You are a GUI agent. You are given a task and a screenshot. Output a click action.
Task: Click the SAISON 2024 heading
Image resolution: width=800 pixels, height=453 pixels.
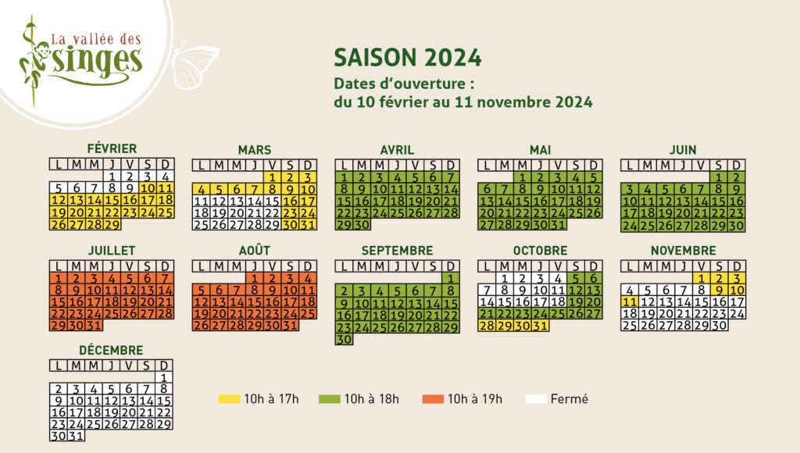pos(407,58)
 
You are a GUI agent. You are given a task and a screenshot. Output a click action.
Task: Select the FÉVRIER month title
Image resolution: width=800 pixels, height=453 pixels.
pos(112,148)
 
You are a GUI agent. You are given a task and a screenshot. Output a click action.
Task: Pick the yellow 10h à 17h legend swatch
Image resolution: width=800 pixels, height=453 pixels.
pos(229,399)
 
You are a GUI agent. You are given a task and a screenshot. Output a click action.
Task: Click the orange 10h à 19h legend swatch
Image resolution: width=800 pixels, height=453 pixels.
pos(433,399)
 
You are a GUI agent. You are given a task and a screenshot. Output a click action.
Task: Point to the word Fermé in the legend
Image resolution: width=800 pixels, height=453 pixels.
pos(569,399)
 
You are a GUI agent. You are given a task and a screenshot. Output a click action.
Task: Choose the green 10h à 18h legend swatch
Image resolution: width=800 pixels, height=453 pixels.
pos(329,399)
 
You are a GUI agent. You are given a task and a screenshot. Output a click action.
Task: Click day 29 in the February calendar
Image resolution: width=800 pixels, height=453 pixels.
pos(112,224)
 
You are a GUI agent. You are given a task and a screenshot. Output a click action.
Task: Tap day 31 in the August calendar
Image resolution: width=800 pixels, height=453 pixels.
pos(290,326)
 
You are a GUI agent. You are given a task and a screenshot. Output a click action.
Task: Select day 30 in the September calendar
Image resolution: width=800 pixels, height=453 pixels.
pos(345,339)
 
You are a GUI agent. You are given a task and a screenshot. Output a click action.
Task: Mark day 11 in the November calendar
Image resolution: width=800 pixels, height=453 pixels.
pos(630,301)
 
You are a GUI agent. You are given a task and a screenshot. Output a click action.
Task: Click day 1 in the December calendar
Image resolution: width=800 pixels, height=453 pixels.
pos(164,378)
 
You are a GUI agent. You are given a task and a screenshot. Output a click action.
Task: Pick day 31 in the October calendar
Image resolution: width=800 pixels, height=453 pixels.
pos(540,326)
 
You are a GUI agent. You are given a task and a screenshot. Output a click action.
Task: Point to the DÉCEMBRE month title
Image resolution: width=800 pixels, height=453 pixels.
pos(111,351)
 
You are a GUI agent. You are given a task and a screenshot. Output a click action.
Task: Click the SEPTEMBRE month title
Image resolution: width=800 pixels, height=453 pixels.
pos(397,251)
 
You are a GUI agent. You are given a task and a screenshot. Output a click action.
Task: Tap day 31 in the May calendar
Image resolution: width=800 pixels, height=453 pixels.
pos(558,224)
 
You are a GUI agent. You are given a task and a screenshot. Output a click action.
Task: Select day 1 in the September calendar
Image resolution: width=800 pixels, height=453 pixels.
pos(451,279)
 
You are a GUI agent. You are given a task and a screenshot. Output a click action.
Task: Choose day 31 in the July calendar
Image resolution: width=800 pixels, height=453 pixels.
pos(95,326)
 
